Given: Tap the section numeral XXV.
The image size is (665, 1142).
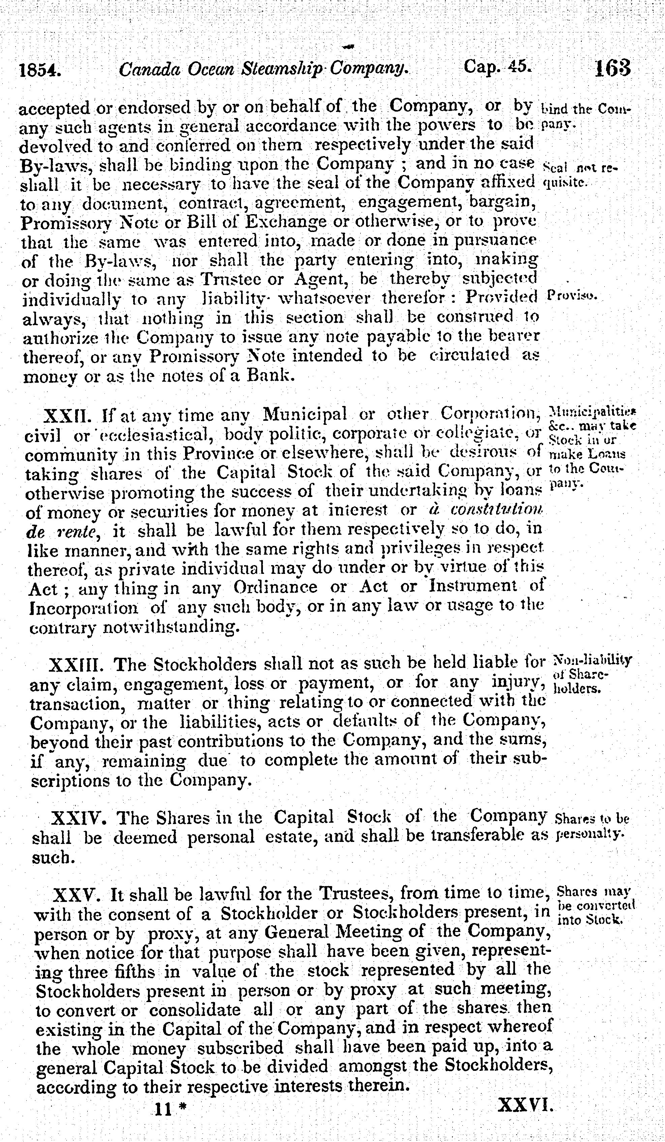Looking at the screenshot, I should tap(75, 895).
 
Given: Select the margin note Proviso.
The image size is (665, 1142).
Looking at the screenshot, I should tap(572, 296).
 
